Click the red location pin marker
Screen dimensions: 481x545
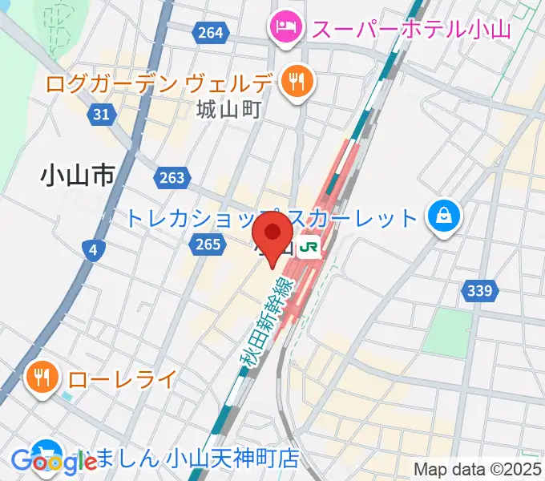coord(272,236)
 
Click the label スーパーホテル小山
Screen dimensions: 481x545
coord(411,30)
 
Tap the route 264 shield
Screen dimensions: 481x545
coord(209,33)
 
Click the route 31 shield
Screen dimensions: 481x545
coord(101,115)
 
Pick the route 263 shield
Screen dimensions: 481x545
coord(172,178)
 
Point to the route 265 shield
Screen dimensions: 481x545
coord(206,243)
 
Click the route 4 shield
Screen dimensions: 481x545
coord(94,251)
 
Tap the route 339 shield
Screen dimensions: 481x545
coord(478,290)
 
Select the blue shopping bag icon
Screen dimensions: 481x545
coord(442,216)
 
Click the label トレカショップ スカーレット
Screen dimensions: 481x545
coord(272,217)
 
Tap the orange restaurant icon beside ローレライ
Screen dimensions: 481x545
coord(40,376)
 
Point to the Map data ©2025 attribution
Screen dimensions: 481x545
coord(478,469)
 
